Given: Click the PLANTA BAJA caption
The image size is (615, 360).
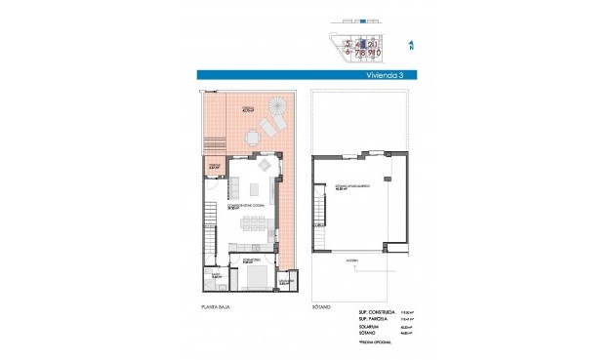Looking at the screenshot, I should tap(216, 305).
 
